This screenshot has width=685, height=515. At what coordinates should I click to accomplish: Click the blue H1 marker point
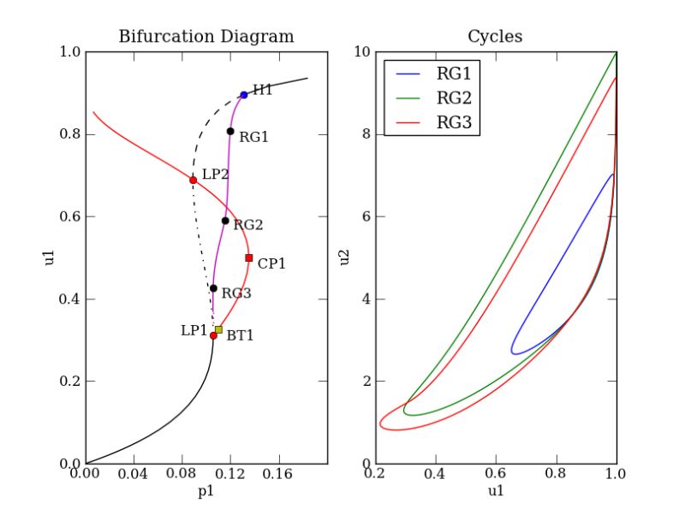244,95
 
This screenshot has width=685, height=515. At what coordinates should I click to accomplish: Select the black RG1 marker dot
230,131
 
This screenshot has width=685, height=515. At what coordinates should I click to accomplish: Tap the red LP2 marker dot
193,180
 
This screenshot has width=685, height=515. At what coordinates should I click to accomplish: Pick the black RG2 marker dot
225,221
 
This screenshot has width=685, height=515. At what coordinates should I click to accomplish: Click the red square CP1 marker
249,257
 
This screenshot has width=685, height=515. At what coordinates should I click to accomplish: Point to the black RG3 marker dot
213,288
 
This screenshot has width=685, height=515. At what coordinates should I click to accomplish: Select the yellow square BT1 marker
218,329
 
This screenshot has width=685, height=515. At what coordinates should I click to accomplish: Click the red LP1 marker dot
213,335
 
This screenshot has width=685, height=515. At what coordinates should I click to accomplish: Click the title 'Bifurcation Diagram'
205,37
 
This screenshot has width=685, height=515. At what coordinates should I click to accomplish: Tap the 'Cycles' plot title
495,37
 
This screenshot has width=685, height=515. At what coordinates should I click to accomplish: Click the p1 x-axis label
205,494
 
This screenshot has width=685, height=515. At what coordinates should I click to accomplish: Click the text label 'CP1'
271,263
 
